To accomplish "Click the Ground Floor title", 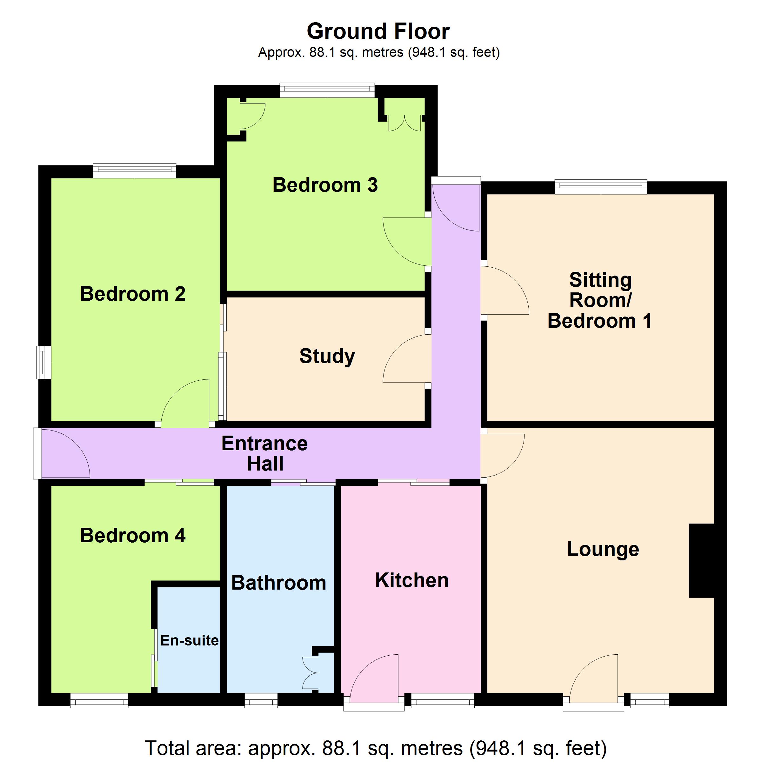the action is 378,31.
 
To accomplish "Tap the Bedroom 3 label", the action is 325,185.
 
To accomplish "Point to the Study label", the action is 327,356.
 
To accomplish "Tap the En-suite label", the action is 189,640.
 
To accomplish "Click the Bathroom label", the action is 278,583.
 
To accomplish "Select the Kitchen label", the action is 412,580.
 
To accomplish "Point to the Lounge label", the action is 603,549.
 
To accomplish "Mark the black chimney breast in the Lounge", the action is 702,560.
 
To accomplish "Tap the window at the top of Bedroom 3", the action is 327,90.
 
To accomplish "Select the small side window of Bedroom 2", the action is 44,362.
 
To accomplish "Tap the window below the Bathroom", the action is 261,700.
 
